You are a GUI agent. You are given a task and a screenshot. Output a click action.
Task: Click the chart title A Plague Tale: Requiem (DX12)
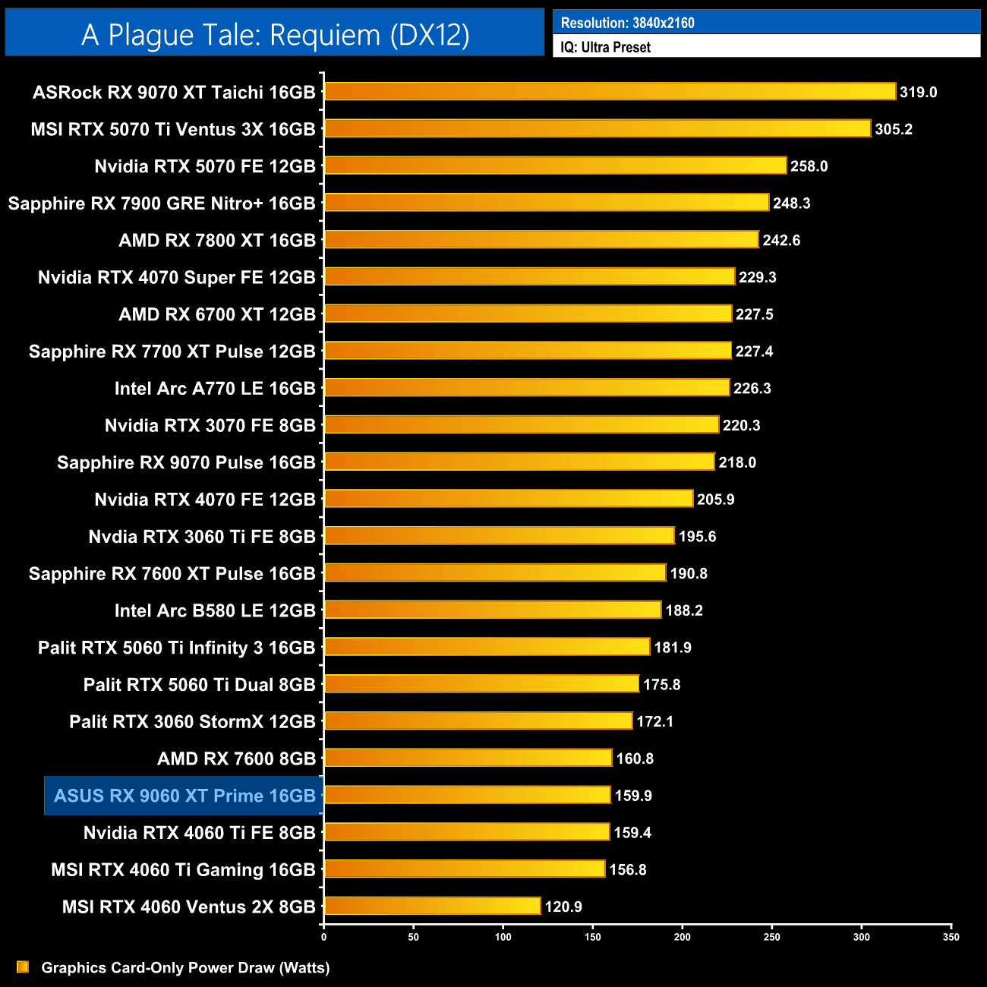pos(275,35)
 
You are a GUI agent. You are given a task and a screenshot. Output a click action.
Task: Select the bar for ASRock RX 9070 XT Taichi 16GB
pos(610,92)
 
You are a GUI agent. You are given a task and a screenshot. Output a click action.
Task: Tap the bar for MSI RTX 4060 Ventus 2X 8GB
pos(432,906)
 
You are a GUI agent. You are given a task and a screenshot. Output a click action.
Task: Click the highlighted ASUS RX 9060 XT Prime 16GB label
pos(184,796)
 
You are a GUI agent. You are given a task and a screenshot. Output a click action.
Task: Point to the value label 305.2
pos(894,129)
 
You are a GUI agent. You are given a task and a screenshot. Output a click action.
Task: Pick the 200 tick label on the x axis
pos(682,937)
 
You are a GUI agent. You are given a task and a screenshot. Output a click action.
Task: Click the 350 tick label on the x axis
pos(951,937)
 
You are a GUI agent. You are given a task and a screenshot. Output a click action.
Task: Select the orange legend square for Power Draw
pos(23,967)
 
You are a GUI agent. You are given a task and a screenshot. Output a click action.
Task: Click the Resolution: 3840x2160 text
pos(627,23)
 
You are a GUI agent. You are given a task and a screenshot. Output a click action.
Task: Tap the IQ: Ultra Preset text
pos(605,47)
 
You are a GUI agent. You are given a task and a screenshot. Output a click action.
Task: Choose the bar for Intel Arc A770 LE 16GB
pos(527,388)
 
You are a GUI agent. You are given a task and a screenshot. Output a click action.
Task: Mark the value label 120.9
pos(563,907)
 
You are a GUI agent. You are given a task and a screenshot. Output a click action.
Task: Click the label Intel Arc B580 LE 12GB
pos(215,610)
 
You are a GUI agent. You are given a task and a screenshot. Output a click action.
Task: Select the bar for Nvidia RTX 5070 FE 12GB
pos(555,166)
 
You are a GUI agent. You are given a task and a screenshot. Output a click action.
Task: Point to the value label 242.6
pos(781,240)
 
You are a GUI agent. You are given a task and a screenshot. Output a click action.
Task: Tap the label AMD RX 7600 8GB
pos(236,758)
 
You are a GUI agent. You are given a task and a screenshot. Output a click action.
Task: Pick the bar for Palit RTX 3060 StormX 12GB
pos(478,721)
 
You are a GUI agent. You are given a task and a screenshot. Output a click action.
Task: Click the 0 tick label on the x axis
pos(324,937)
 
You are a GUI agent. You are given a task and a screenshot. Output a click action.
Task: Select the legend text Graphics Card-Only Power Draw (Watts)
pos(185,967)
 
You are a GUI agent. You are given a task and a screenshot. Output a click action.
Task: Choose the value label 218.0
pos(737,462)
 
